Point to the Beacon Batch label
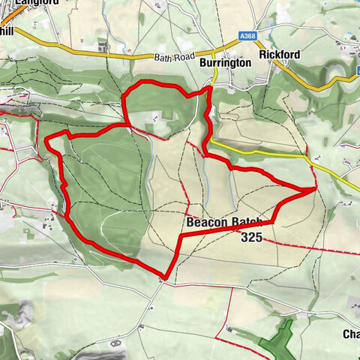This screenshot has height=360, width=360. tap(224, 223)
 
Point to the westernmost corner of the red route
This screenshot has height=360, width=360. tap(47, 140)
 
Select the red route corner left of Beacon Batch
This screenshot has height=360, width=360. tap(181, 236)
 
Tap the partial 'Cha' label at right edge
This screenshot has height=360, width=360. tap(351, 334)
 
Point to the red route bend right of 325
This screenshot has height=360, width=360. tap(274, 222)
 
